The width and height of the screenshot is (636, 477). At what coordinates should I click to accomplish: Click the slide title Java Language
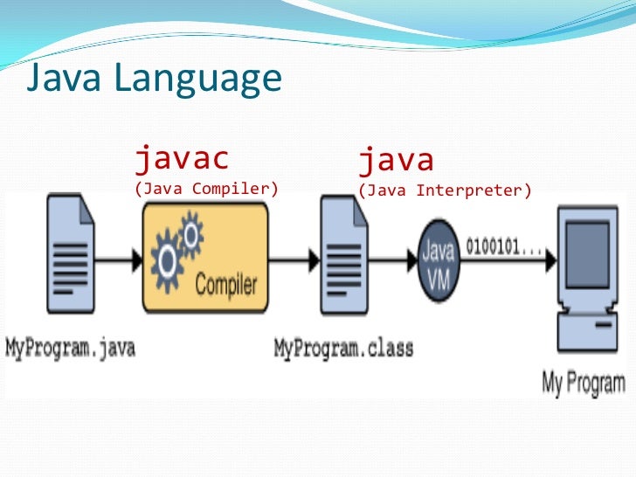(154, 79)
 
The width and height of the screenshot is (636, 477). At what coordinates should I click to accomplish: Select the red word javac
(181, 159)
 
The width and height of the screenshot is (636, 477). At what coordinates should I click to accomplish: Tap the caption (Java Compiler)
(205, 188)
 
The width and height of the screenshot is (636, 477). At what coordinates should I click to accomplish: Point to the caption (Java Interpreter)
(444, 188)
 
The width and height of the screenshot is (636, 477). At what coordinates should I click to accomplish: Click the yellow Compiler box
(204, 259)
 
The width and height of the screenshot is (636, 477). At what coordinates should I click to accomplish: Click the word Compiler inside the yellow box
(226, 284)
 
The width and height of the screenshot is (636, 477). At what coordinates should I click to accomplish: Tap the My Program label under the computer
(584, 382)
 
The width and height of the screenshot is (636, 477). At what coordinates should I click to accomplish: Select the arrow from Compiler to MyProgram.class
(294, 259)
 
